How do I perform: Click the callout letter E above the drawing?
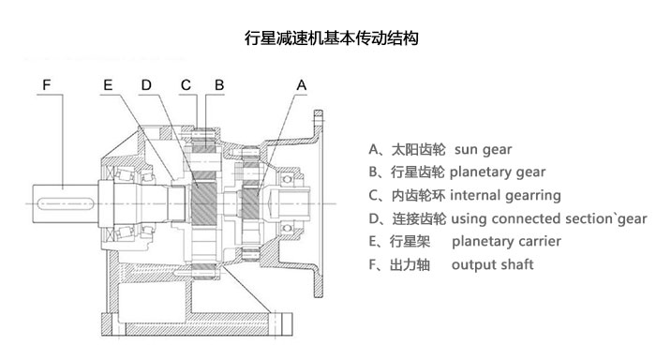click(x=109, y=84)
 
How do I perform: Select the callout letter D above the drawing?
click(x=146, y=84)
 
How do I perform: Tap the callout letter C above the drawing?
click(x=186, y=84)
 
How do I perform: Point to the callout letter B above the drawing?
click(x=218, y=84)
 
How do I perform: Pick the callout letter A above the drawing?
click(x=301, y=84)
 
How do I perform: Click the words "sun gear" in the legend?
click(x=483, y=149)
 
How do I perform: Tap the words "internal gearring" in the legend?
click(x=506, y=196)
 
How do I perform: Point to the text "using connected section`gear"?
click(x=549, y=219)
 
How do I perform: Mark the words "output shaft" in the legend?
click(x=492, y=265)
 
